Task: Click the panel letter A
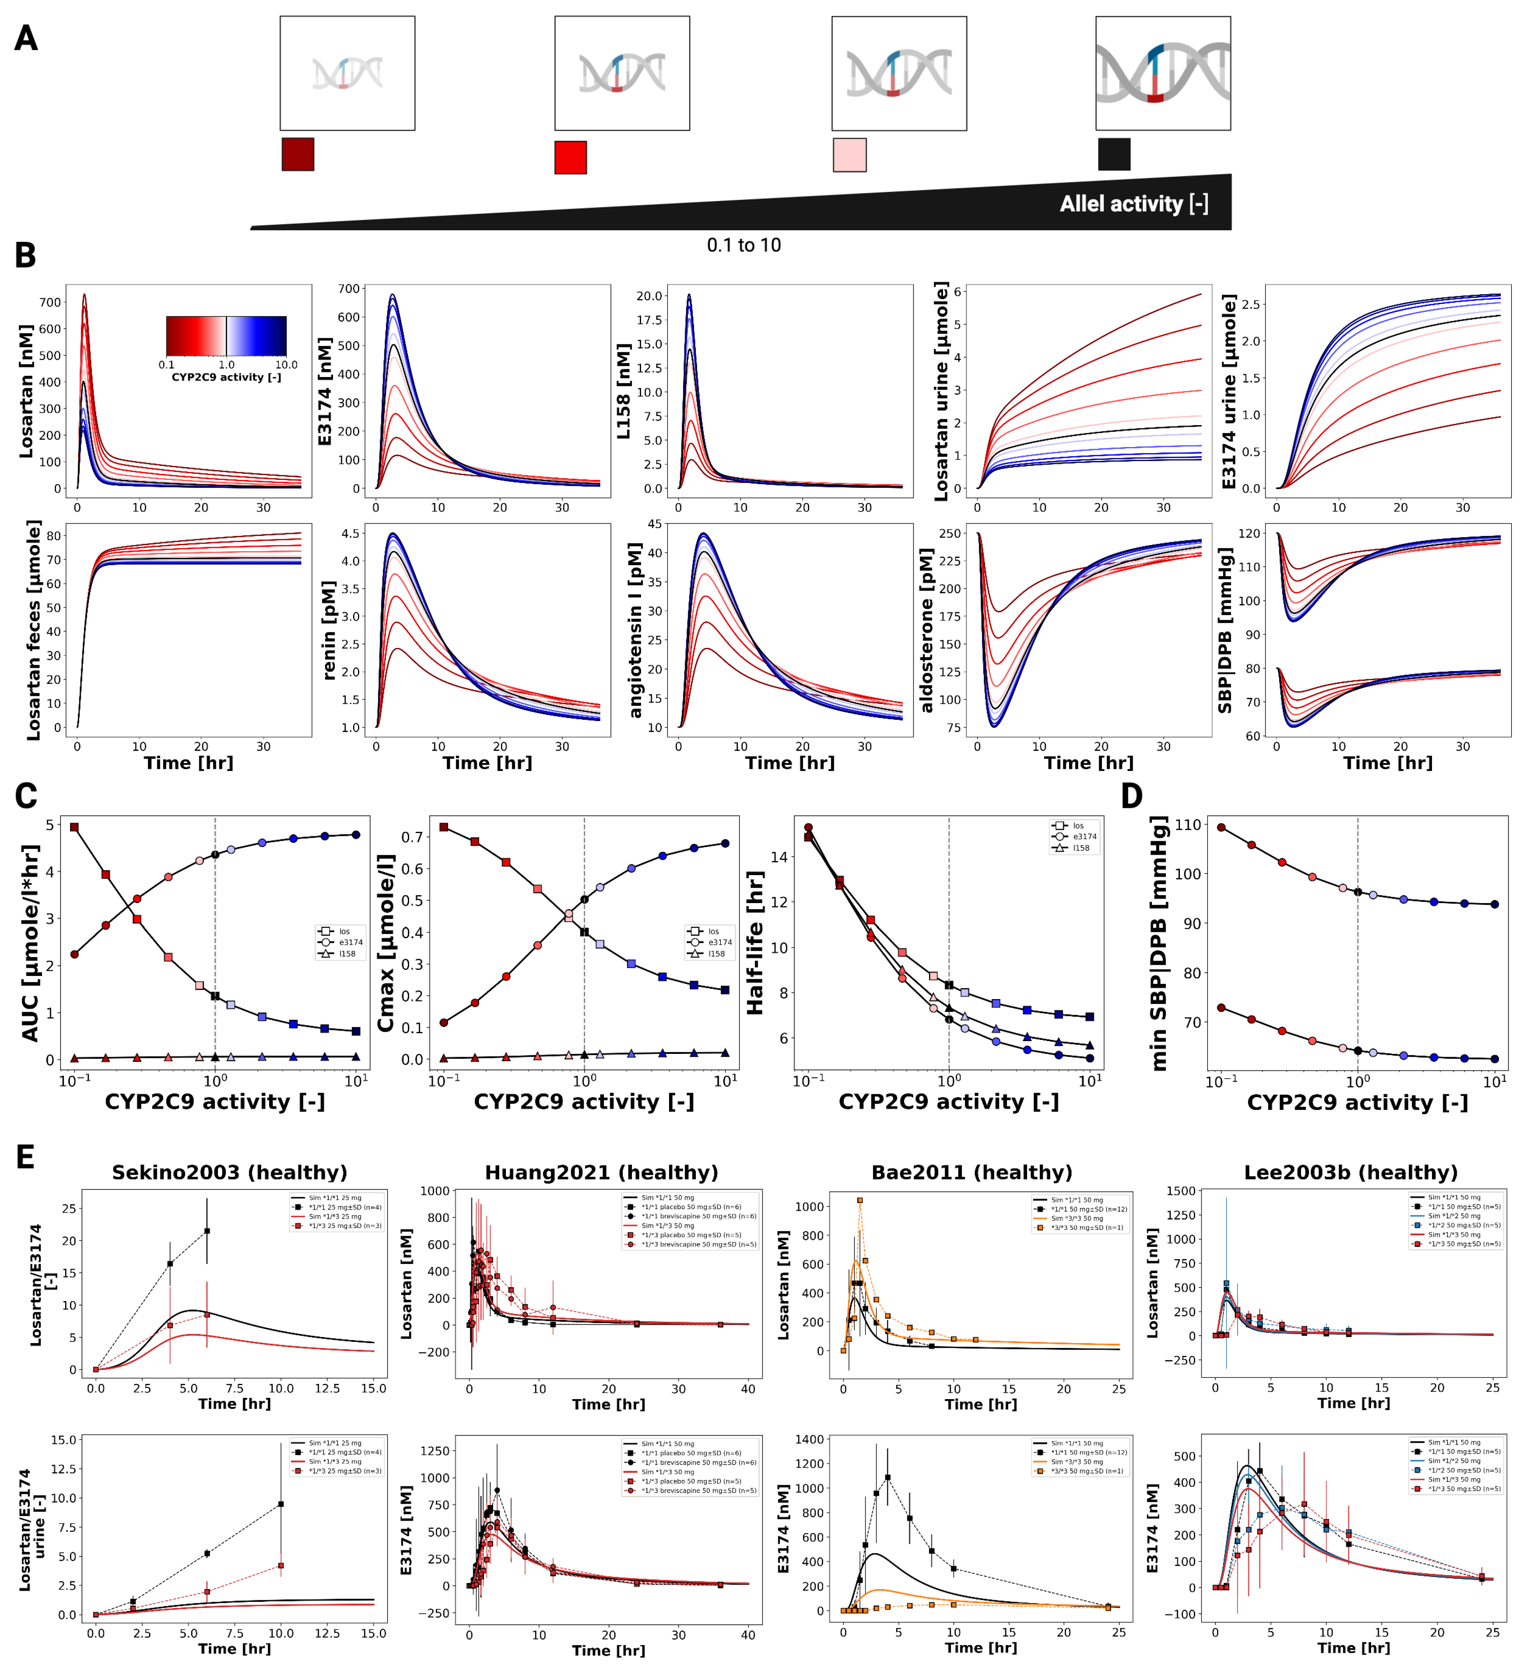point(26,38)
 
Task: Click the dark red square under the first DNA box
point(297,154)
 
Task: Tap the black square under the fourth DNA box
point(1114,154)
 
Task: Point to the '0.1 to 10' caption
point(744,245)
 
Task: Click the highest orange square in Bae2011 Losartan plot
point(860,1200)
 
